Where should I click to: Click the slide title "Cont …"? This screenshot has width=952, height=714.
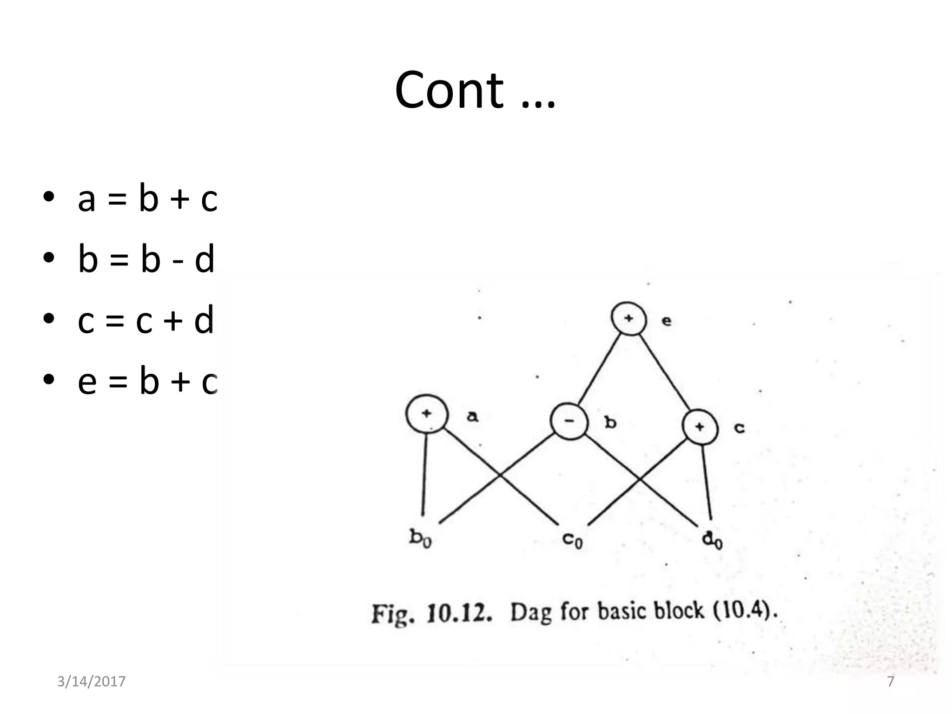pos(475,91)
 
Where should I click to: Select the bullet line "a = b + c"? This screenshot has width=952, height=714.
pos(147,199)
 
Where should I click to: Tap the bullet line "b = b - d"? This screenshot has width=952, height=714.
pos(146,259)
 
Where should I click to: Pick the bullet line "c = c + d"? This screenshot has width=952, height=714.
pos(145,321)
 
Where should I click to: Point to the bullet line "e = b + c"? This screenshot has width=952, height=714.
pos(147,382)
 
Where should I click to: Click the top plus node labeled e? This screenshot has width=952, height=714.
pos(628,319)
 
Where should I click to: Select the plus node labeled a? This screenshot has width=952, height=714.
pos(427,413)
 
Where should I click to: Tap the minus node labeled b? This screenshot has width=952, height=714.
pos(569,421)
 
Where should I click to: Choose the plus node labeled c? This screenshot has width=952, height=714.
pos(700,427)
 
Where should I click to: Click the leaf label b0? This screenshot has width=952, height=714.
pos(421,538)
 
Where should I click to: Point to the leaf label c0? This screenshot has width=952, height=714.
pos(572,540)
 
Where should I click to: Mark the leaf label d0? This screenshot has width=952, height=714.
pos(712,541)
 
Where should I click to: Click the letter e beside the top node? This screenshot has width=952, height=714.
pos(667,321)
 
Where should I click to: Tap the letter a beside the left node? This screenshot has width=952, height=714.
pos(472,416)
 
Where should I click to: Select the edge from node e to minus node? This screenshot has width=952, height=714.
pos(600,370)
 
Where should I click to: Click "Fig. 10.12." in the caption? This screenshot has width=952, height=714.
pos(431,614)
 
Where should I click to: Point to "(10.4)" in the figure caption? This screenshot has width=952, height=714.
pos(745,610)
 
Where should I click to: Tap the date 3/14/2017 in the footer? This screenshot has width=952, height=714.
pos(91,681)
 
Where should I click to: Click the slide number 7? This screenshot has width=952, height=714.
pos(891,681)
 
